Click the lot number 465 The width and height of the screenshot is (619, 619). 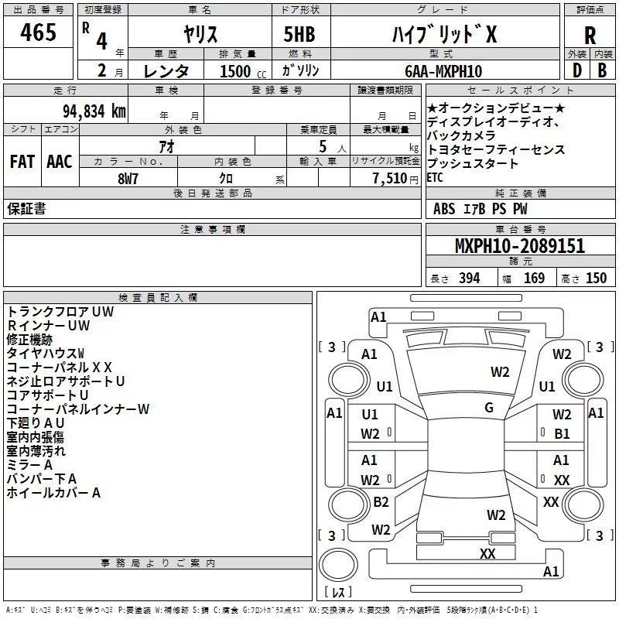click(x=38, y=32)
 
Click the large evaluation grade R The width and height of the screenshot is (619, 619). click(x=590, y=35)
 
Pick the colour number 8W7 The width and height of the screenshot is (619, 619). click(x=128, y=177)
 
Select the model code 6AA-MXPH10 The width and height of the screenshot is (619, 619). click(x=443, y=71)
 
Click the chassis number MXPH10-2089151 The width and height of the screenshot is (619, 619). click(x=519, y=246)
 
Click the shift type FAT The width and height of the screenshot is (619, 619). click(x=22, y=162)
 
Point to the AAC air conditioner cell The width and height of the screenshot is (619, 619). click(x=60, y=162)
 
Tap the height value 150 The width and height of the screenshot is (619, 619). click(x=596, y=279)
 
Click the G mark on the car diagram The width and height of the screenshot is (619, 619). click(x=489, y=407)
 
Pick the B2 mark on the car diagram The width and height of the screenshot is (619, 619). click(x=381, y=502)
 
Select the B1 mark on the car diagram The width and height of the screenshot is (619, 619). click(x=562, y=434)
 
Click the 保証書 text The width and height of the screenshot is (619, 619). click(x=26, y=209)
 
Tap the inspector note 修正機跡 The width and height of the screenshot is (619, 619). click(x=29, y=339)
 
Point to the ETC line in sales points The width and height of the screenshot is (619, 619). click(x=436, y=177)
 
